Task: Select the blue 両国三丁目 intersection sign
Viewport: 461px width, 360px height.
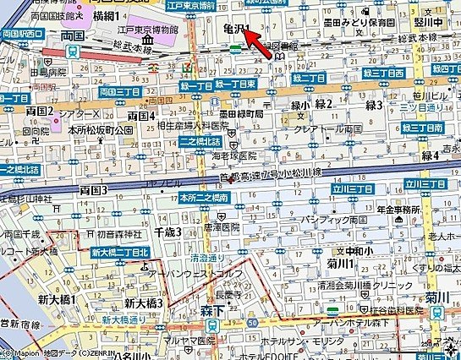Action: (119, 90)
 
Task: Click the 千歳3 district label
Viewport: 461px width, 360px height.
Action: (168, 232)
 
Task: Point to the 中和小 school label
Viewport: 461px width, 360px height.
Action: (355, 251)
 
